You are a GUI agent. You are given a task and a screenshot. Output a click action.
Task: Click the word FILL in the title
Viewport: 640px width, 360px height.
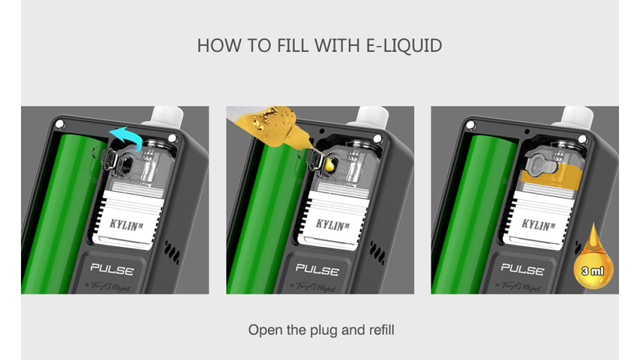(292, 45)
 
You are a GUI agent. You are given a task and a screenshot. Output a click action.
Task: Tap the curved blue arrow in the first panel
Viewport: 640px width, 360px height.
(125, 136)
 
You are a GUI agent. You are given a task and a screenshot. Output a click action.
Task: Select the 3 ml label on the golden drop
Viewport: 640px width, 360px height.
(593, 271)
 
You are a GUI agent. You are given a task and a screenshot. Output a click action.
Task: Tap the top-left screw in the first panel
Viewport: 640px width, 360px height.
(59, 123)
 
